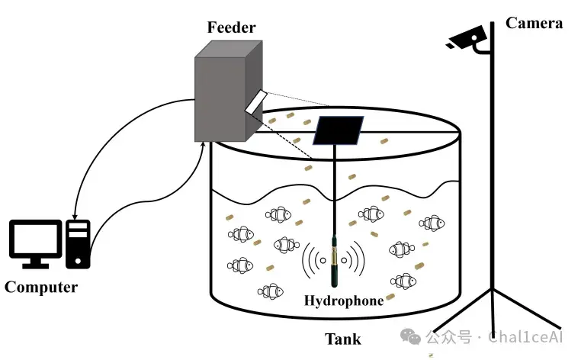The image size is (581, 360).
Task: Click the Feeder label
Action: tap(231, 27)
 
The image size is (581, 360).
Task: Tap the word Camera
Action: tap(534, 23)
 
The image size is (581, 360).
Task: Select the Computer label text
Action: tap(41, 288)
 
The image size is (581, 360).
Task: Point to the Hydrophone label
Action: tap(344, 301)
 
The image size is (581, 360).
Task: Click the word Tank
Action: tap(343, 339)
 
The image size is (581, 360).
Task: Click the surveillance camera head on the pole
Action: tap(466, 37)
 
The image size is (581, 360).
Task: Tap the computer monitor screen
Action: tap(36, 239)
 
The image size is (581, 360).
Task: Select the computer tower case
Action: tap(78, 244)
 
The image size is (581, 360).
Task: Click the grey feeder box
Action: tap(228, 92)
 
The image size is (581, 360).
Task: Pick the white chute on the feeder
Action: tap(255, 101)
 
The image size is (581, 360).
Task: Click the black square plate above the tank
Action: tap(338, 130)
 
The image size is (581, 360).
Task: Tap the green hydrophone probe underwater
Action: tap(334, 261)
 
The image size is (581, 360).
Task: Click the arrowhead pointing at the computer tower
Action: tap(75, 217)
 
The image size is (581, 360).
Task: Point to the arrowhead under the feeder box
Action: tap(202, 144)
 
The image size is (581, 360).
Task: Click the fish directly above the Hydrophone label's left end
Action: tap(271, 292)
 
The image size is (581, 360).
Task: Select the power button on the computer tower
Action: tap(78, 261)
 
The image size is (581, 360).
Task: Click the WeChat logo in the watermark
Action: tap(410, 336)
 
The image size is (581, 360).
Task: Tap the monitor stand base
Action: tap(36, 266)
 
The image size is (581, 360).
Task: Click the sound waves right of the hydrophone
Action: tap(354, 259)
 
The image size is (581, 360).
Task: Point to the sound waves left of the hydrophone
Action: tap(314, 260)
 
